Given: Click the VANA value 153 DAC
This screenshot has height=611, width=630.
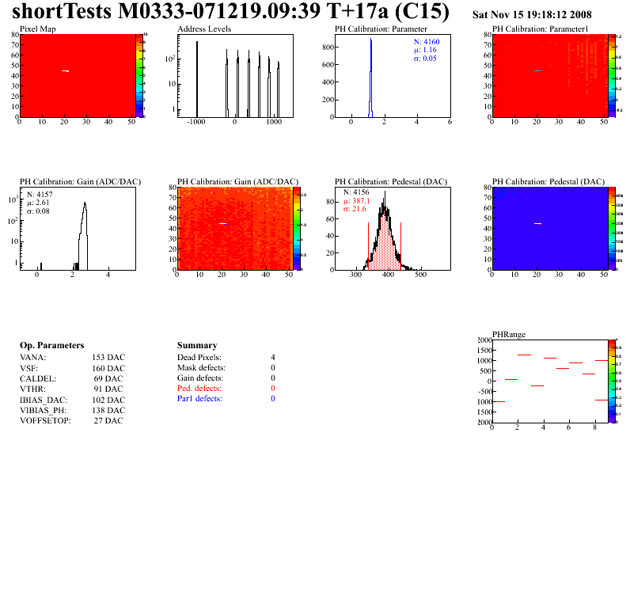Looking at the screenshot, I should click(x=108, y=358).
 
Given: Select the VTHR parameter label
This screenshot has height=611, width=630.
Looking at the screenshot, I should click(x=34, y=389).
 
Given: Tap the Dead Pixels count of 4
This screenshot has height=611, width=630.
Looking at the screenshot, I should click(x=273, y=358).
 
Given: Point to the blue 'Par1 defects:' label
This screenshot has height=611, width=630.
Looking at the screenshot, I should click(x=199, y=399).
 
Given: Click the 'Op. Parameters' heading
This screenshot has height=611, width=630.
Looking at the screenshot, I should click(x=51, y=346).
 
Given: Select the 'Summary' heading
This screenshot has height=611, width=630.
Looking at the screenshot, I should click(x=197, y=346).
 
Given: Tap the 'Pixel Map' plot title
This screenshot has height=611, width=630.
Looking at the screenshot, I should click(x=37, y=29).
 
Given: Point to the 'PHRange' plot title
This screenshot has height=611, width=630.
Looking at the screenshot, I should click(x=508, y=335).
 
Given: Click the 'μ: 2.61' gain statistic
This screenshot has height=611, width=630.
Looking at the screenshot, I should click(x=40, y=203).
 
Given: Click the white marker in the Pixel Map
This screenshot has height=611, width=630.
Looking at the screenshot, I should click(x=66, y=71).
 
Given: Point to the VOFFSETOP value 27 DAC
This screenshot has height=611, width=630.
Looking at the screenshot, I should click(x=108, y=421).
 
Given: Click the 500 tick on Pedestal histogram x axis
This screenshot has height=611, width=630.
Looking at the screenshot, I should click(x=421, y=275).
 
